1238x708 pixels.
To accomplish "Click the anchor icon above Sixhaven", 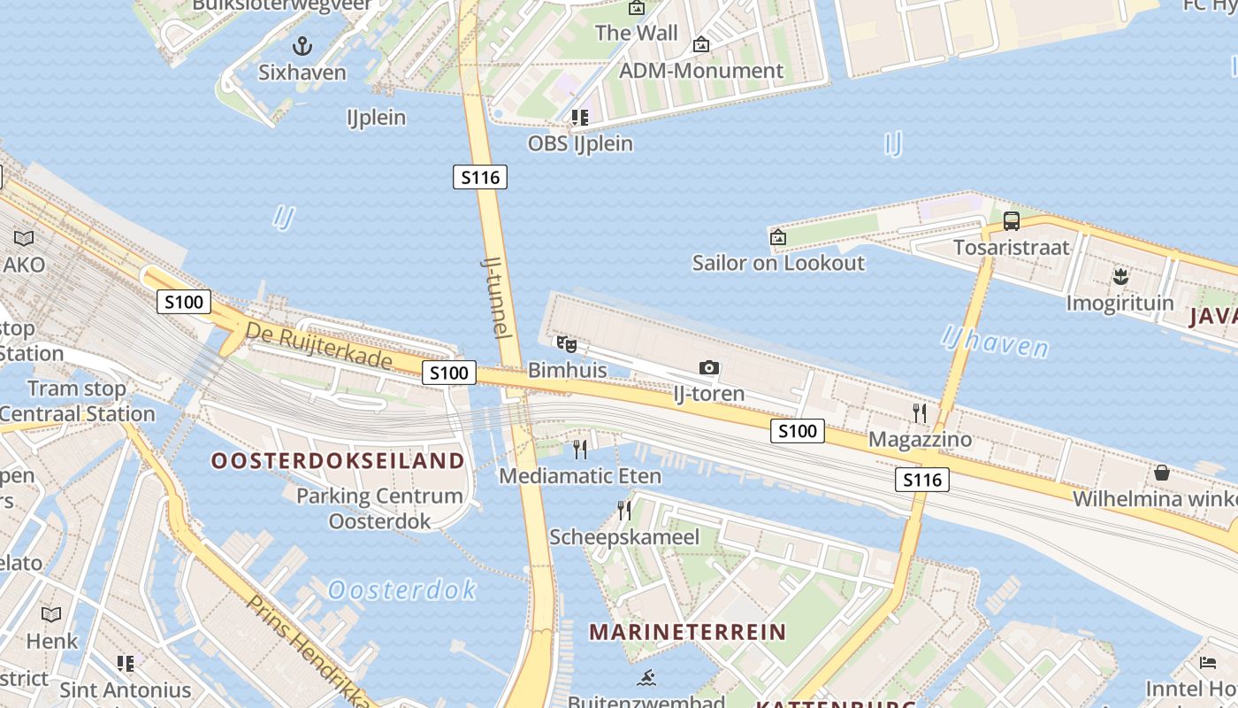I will coord(302,46).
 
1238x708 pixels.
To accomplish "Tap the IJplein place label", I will coord(377,118).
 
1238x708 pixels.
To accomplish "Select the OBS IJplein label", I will coord(580,143).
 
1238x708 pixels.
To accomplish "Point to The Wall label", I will coord(637,34).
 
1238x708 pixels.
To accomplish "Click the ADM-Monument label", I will coord(701,71).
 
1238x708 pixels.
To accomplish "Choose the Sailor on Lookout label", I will coord(778,263).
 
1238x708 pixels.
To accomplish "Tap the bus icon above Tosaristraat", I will coord(1011,221).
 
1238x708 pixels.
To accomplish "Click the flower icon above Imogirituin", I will coord(1120,277).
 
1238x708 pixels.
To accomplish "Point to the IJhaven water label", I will coord(995,341).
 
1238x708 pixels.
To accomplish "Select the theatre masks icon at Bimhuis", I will coord(566,344).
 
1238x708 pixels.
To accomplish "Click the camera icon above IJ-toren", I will coord(708,368).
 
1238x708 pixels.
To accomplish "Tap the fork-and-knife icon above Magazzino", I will coord(920,412).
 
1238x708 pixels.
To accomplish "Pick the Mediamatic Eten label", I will coord(580,476).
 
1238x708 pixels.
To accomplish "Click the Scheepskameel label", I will coord(624,537).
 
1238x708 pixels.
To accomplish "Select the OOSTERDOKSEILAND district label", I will coord(338,460).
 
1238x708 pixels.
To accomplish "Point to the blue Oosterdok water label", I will coord(402,589).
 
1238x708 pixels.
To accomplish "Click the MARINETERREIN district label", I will coord(687,632).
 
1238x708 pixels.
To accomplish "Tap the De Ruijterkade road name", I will coord(318,346).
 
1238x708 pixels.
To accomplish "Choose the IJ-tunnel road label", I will coord(496,297).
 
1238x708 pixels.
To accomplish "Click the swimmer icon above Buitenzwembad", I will coord(646,678).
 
